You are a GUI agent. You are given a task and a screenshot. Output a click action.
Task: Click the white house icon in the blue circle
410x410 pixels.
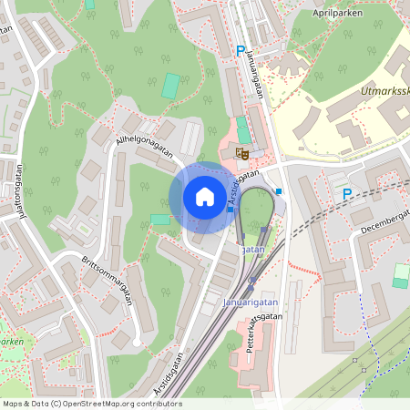[205, 196]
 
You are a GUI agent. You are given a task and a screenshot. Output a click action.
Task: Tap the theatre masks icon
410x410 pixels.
[242, 155]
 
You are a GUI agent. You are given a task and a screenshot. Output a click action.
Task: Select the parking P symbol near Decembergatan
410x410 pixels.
[346, 194]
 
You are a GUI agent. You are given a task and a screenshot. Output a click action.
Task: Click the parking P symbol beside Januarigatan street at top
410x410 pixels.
[241, 52]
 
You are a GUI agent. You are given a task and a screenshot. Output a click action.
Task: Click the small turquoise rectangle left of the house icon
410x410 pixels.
[160, 220]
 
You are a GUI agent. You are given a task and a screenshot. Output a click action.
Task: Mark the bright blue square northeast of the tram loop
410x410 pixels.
[279, 191]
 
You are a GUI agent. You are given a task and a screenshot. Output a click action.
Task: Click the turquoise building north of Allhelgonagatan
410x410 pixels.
[170, 87]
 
